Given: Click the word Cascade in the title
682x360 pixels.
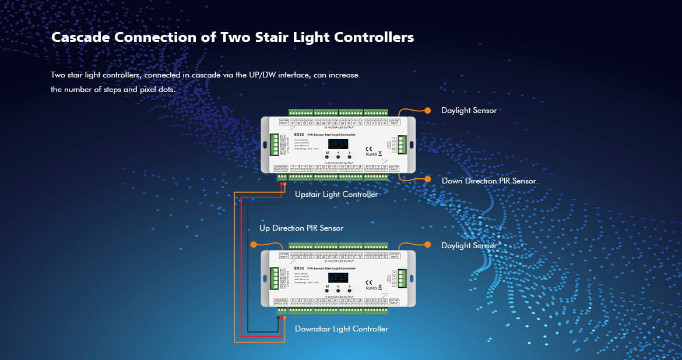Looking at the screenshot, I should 83,37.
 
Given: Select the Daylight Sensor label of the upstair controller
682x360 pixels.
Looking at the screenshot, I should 469,110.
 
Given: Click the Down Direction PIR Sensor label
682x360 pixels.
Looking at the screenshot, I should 488,181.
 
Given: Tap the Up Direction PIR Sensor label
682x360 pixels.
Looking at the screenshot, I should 301,228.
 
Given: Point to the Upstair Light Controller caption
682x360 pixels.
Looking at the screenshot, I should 336,194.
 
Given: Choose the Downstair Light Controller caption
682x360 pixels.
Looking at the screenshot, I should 342,329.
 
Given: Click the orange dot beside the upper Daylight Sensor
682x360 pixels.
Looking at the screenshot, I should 428,110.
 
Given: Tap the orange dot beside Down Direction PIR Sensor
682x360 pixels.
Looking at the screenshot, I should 428,179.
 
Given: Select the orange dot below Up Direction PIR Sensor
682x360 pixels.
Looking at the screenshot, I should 254,245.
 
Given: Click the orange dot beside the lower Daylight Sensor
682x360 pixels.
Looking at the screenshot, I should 428,245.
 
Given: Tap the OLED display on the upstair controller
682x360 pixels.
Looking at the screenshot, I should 338,144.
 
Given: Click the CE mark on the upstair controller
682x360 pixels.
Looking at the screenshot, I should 368,148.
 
